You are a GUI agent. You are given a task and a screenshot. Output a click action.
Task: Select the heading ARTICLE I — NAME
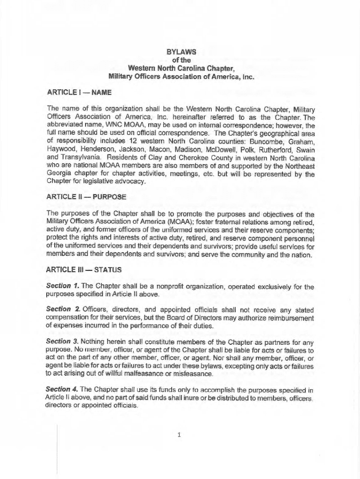pos(79,93)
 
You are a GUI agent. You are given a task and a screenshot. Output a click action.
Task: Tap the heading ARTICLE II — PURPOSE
pos(86,197)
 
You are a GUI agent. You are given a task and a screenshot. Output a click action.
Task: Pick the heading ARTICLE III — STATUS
pos(84,270)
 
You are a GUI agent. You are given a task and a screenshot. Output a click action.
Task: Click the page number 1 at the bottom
pos(180,435)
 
